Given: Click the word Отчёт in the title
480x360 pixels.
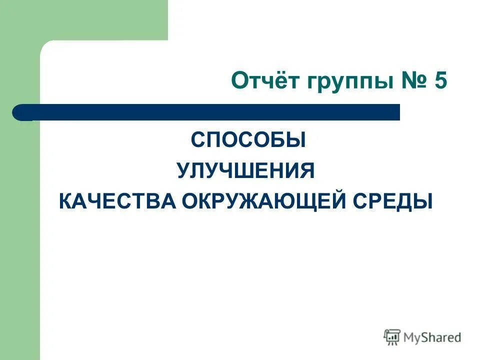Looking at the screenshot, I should click(x=262, y=81).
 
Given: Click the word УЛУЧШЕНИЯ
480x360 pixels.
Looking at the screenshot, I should click(x=245, y=171).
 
